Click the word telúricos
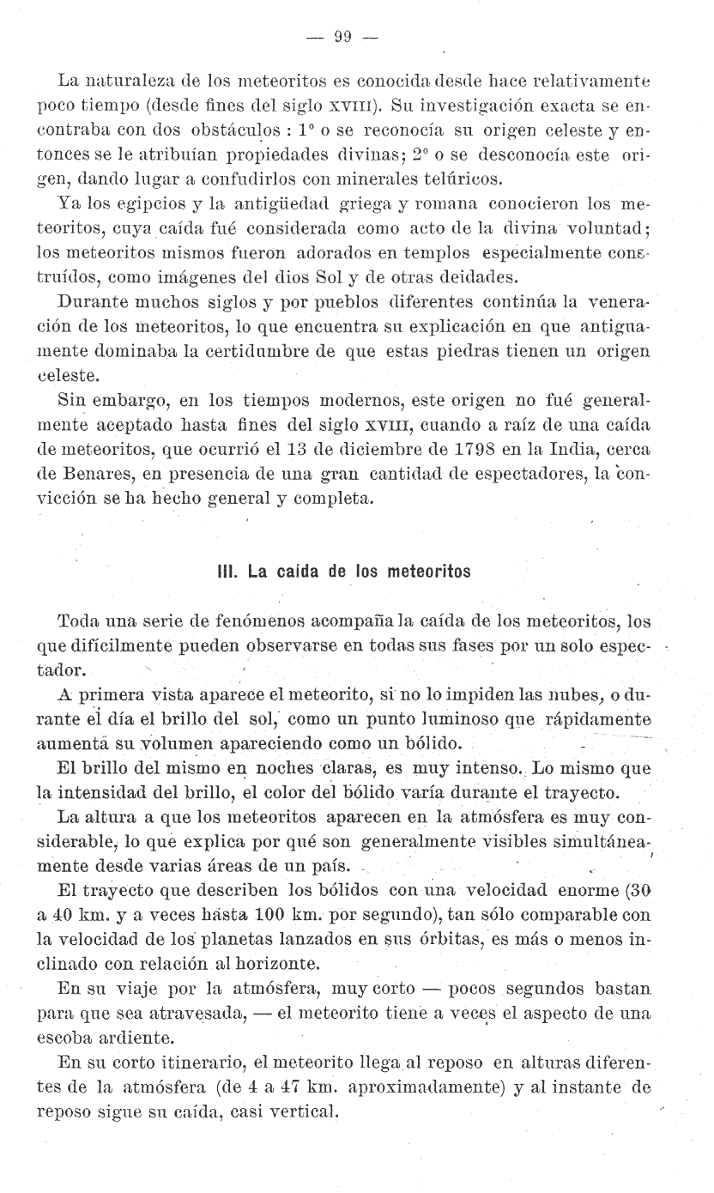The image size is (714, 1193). point(463,179)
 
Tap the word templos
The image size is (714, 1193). point(437,252)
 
